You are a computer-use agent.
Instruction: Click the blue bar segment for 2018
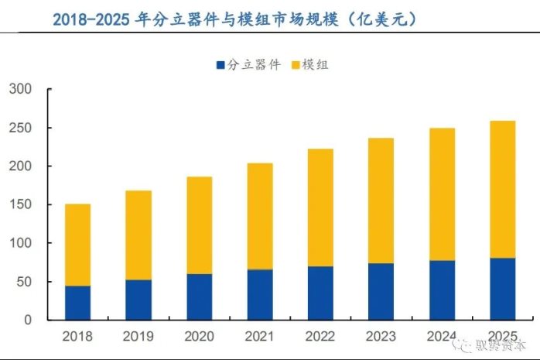point(77,303)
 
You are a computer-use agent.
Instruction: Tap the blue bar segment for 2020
point(199,297)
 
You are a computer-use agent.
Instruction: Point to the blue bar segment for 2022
point(320,293)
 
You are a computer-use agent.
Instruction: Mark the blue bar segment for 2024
point(442,290)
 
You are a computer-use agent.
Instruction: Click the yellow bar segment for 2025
point(502,190)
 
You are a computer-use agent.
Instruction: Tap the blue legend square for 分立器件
point(220,65)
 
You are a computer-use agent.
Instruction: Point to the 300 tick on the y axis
point(22,90)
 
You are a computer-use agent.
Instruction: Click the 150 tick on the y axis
point(22,205)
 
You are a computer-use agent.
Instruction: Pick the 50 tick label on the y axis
point(25,282)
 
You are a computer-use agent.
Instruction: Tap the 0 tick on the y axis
point(29,320)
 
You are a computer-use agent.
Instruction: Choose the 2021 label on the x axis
point(260,337)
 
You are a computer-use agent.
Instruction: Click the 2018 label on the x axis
point(77,337)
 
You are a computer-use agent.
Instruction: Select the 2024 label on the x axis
point(442,337)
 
